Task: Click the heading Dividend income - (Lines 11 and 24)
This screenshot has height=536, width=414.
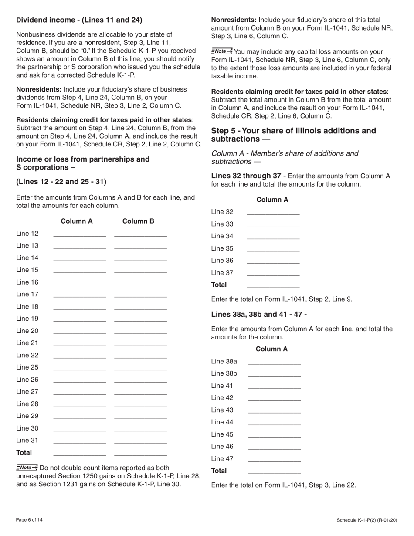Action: coord(79,20)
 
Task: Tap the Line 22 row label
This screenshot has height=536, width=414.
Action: coord(27,355)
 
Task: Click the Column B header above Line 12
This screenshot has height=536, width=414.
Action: coord(138,221)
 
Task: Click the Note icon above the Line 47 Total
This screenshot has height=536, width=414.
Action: coord(222,51)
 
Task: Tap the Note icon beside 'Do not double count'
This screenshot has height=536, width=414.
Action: coord(27,468)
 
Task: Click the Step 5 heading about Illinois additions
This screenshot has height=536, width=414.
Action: coord(293,135)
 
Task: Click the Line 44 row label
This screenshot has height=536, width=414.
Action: coord(222,422)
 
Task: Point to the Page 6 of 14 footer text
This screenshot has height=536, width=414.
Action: coord(30,520)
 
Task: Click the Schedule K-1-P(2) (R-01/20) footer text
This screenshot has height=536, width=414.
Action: coord(366,520)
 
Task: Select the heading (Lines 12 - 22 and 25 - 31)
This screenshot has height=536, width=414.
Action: coord(61,181)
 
